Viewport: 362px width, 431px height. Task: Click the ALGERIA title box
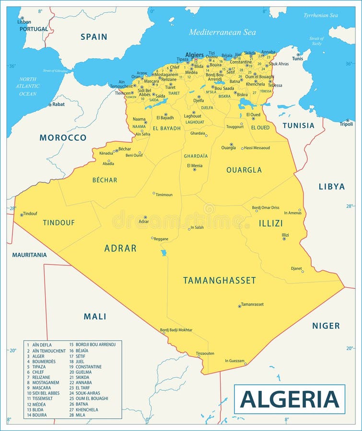289,399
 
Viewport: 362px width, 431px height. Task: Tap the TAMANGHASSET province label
220,281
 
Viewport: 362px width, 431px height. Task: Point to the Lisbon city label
24,22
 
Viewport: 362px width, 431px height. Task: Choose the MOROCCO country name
63,137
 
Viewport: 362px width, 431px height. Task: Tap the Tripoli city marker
348,120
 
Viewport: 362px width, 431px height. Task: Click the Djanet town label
296,268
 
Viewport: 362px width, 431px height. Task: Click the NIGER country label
326,326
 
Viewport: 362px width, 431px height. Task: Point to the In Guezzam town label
234,361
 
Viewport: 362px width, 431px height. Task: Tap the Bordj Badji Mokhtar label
176,330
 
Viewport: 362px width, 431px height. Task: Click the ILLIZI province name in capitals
271,223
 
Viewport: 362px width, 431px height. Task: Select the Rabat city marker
49,104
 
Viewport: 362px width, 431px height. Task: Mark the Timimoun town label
164,195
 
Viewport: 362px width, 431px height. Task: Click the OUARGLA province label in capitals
244,170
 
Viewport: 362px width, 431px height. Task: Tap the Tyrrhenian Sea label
320,15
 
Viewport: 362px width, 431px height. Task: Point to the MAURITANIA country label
29,255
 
